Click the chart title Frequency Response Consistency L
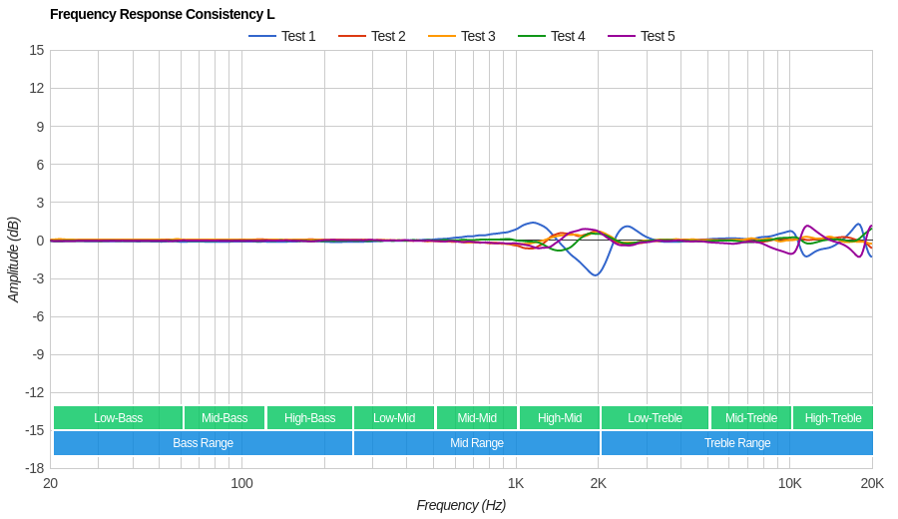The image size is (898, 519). (162, 14)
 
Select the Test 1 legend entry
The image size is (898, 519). (282, 36)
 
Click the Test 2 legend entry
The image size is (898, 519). (372, 36)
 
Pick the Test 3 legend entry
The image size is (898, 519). (462, 36)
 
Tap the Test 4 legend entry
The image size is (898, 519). (552, 36)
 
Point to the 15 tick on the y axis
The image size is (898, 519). (37, 50)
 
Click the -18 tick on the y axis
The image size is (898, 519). (35, 468)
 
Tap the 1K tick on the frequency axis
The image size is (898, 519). (516, 484)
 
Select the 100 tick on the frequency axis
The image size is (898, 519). (241, 484)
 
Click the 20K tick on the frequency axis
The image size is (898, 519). (872, 484)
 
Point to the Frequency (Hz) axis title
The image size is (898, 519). (461, 505)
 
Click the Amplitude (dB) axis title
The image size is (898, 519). (14, 259)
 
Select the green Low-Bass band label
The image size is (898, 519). (118, 418)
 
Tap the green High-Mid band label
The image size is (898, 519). (560, 418)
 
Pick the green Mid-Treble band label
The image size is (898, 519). (750, 418)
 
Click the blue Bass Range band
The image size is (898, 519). (203, 443)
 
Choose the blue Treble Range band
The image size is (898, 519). (737, 443)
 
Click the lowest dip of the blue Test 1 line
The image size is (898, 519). (596, 275)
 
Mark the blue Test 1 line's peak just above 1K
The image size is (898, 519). (534, 223)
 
